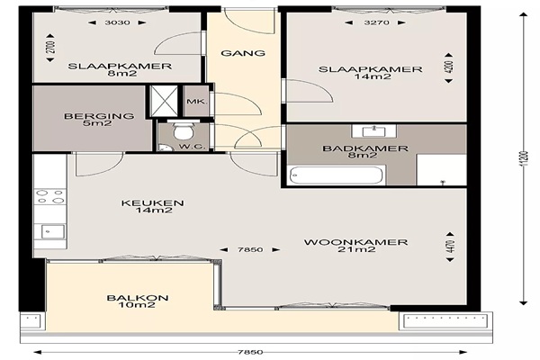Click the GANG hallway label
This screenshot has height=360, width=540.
click(243, 53)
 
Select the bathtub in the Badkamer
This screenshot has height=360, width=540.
click(337, 175)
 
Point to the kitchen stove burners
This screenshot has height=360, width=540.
click(50, 197)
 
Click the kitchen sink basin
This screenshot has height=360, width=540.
click(53, 231)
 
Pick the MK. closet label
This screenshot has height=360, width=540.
click(196, 102)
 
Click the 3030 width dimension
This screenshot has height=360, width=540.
click(117, 22)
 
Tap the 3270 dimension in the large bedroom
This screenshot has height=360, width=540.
click(377, 22)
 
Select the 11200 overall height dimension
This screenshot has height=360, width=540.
click(525, 158)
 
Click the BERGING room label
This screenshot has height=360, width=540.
click(99, 116)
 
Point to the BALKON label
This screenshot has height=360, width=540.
click(138, 298)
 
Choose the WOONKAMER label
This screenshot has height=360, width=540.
click(355, 242)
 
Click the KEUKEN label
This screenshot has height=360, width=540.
click(152, 202)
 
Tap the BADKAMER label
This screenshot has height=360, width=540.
click(365, 148)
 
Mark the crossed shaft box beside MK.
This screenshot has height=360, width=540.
click(165, 102)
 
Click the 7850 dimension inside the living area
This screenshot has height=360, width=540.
click(250, 250)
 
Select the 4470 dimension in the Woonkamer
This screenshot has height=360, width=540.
click(450, 247)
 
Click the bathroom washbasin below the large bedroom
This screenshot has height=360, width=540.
click(374, 130)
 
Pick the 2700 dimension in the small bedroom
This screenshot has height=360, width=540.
click(50, 48)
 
